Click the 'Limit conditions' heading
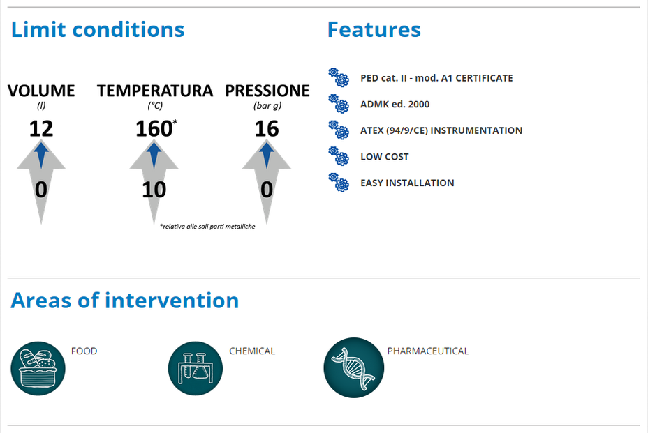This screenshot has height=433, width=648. (x=98, y=30)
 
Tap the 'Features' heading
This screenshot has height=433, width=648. (x=374, y=30)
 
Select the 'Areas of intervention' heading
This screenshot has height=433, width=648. (x=125, y=301)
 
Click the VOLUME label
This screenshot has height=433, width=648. (x=41, y=91)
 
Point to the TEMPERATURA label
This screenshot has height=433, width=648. (x=155, y=91)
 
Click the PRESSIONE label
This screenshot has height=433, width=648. (x=267, y=91)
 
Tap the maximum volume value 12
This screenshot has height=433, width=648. (x=41, y=129)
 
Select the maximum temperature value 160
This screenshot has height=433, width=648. (x=154, y=129)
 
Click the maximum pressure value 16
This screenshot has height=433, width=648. (x=267, y=129)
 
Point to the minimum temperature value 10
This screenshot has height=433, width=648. (x=154, y=190)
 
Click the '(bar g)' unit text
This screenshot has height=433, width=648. (x=267, y=106)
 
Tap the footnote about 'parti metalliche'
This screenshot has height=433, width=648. (x=207, y=227)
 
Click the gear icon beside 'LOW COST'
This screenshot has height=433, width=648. (x=339, y=156)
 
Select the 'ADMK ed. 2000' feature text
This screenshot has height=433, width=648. (x=395, y=105)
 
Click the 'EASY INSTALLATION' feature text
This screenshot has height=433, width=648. (x=407, y=183)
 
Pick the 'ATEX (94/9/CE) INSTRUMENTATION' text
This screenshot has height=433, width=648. (x=441, y=130)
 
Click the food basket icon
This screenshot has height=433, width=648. (x=38, y=368)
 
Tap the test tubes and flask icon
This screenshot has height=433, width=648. (x=196, y=368)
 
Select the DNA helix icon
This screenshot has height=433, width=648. (x=354, y=367)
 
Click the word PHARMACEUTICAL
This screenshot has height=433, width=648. (x=428, y=351)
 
